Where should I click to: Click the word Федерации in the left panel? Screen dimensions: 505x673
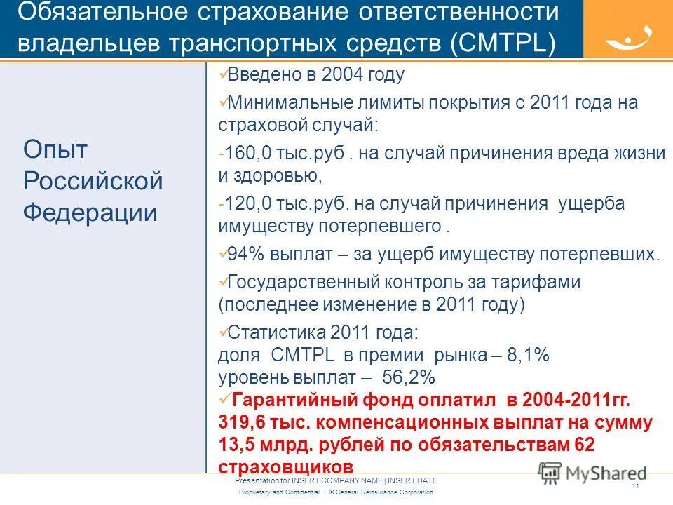pyautogui.click(x=90, y=213)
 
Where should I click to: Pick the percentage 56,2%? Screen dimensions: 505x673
pyautogui.click(x=409, y=377)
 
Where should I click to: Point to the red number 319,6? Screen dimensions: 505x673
pyautogui.click(x=242, y=423)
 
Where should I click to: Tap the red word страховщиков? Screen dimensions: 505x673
pyautogui.click(x=285, y=466)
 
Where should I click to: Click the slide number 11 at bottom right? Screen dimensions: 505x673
pyautogui.click(x=635, y=485)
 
